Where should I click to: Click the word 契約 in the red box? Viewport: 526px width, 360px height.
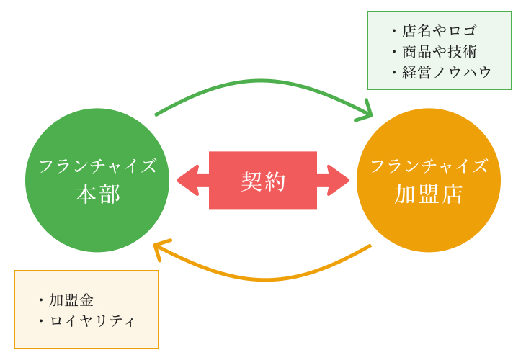(263, 181)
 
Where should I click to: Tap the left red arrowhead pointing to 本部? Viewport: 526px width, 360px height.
(188, 180)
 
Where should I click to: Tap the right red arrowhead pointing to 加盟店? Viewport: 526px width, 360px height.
(338, 180)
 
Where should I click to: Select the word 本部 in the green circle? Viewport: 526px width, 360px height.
(97, 194)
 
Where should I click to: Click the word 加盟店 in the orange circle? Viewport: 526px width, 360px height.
(429, 194)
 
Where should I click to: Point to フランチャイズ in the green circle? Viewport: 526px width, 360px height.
(97, 166)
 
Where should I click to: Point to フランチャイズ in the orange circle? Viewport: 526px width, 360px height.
(429, 166)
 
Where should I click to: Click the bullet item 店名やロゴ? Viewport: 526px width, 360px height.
(439, 30)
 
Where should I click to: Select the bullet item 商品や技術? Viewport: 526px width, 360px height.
(440, 52)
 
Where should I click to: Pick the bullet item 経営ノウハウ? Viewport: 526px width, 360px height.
(447, 73)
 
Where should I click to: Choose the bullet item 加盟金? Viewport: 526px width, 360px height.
(71, 300)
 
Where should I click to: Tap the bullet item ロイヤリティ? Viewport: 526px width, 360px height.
(92, 321)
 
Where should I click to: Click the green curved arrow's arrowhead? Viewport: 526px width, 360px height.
(365, 112)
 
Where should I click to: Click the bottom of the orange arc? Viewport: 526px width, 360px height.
(266, 279)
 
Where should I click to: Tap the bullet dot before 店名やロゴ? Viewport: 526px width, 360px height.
(394, 31)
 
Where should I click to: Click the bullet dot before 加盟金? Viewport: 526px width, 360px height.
(41, 300)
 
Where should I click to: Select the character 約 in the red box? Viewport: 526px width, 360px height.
(275, 181)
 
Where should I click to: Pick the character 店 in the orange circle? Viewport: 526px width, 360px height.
(452, 194)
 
